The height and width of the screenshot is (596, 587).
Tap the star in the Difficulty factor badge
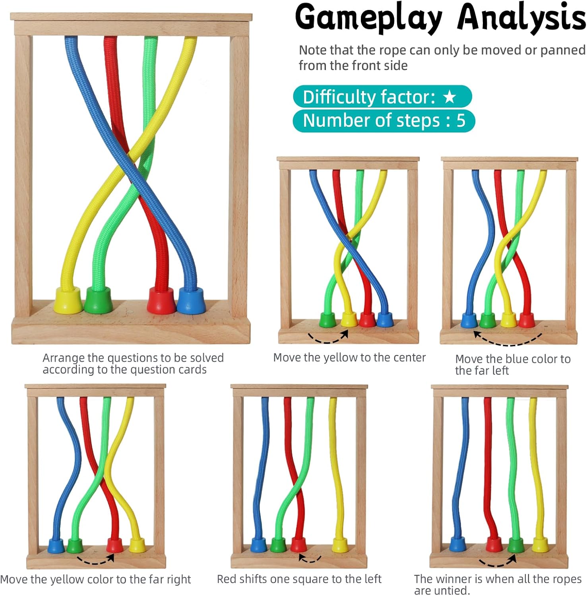(449, 96)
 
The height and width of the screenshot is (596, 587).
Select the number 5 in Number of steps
(461, 120)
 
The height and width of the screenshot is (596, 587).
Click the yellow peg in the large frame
(68, 300)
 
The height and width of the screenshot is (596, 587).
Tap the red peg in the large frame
(161, 300)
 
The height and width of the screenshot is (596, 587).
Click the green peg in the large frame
(98, 300)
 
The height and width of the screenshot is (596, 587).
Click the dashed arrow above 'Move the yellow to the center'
(328, 337)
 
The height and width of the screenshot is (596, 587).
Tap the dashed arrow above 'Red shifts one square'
(310, 559)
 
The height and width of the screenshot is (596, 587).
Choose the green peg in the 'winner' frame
(516, 544)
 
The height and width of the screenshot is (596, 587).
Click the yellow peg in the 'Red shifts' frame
(340, 545)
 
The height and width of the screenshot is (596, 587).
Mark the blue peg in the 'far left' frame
(469, 320)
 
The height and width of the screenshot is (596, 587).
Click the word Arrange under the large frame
(63, 358)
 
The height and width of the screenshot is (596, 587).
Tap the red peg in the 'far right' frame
(115, 545)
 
